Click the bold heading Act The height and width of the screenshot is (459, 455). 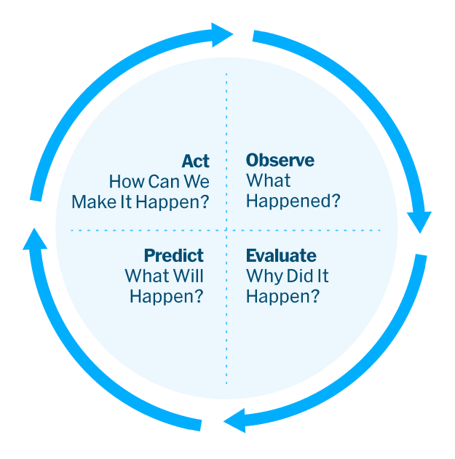coord(195,161)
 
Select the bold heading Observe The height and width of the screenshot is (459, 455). coord(280,161)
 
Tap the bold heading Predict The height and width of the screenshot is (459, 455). coord(173,256)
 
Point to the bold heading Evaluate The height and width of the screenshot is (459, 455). coord(281,256)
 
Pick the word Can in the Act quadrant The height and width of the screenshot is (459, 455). coord(165,181)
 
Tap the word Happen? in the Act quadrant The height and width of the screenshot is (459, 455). coord(174,201)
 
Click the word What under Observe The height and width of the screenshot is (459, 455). coord(268,181)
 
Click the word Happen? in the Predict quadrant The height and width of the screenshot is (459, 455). coord(167,297)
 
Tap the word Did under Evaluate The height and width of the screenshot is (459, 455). coord(300,276)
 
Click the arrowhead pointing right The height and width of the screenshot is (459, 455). coord(221,33)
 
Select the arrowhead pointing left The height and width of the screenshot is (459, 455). coord(234,420)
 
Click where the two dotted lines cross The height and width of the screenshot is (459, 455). coord(226,231)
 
